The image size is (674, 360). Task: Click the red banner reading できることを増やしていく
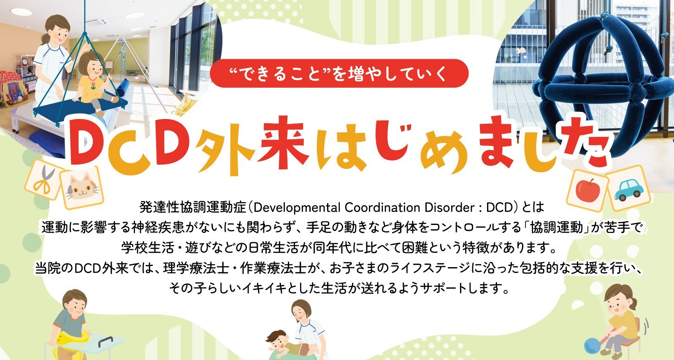click(339, 73)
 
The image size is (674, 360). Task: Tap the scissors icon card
click(43, 180)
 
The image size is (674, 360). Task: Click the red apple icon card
click(587, 189)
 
